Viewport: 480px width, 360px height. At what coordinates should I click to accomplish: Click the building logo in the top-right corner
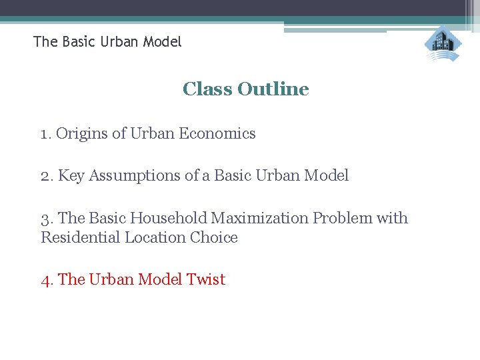tap(443, 44)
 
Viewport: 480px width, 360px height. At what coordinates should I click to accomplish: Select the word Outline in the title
tap(273, 89)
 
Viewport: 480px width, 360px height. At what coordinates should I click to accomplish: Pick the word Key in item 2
tap(71, 176)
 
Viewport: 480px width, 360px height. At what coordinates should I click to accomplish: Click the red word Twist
tap(207, 280)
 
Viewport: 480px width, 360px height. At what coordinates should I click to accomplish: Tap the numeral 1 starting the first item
tap(45, 134)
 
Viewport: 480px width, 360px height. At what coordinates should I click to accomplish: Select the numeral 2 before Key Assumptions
tap(45, 176)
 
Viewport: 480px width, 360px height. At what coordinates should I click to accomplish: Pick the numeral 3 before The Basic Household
tap(45, 219)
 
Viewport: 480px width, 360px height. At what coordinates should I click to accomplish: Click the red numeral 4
tap(45, 280)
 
